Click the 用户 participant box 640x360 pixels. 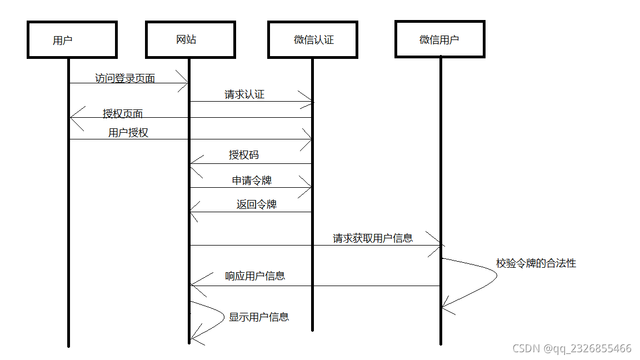(x=72, y=39)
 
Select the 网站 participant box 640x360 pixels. (x=190, y=39)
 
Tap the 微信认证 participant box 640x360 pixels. (x=312, y=39)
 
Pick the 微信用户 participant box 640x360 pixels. (x=440, y=39)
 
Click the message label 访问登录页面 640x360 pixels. (x=125, y=78)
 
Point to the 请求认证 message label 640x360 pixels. (x=244, y=94)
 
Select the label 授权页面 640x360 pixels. (x=123, y=114)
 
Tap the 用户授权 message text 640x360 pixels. (x=128, y=133)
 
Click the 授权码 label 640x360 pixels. (x=244, y=155)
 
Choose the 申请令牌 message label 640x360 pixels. (x=252, y=181)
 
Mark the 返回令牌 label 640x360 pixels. (x=256, y=204)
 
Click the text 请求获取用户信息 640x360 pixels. (x=373, y=238)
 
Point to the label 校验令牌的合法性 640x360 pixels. (x=536, y=263)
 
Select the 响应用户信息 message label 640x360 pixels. (x=255, y=276)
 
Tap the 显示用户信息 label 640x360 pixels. (x=259, y=317)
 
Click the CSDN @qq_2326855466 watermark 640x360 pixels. (x=572, y=348)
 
